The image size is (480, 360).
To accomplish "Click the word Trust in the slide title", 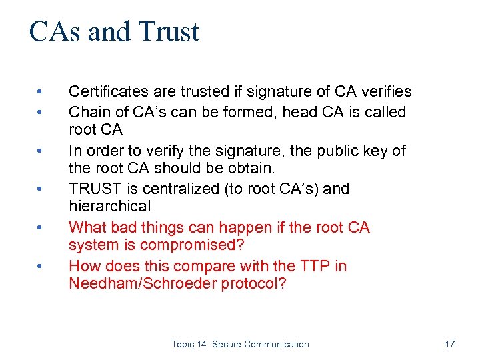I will click(x=170, y=32).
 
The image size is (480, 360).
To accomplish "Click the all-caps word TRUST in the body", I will click(x=92, y=189).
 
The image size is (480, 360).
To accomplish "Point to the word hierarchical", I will click(x=110, y=207).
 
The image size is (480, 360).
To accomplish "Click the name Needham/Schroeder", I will click(x=138, y=283).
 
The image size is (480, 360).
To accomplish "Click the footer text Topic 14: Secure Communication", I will click(x=240, y=344).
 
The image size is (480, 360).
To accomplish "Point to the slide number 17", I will click(x=449, y=344).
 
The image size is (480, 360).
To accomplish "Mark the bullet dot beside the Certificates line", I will click(x=40, y=92).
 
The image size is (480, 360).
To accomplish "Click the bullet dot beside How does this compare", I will click(x=40, y=267).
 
